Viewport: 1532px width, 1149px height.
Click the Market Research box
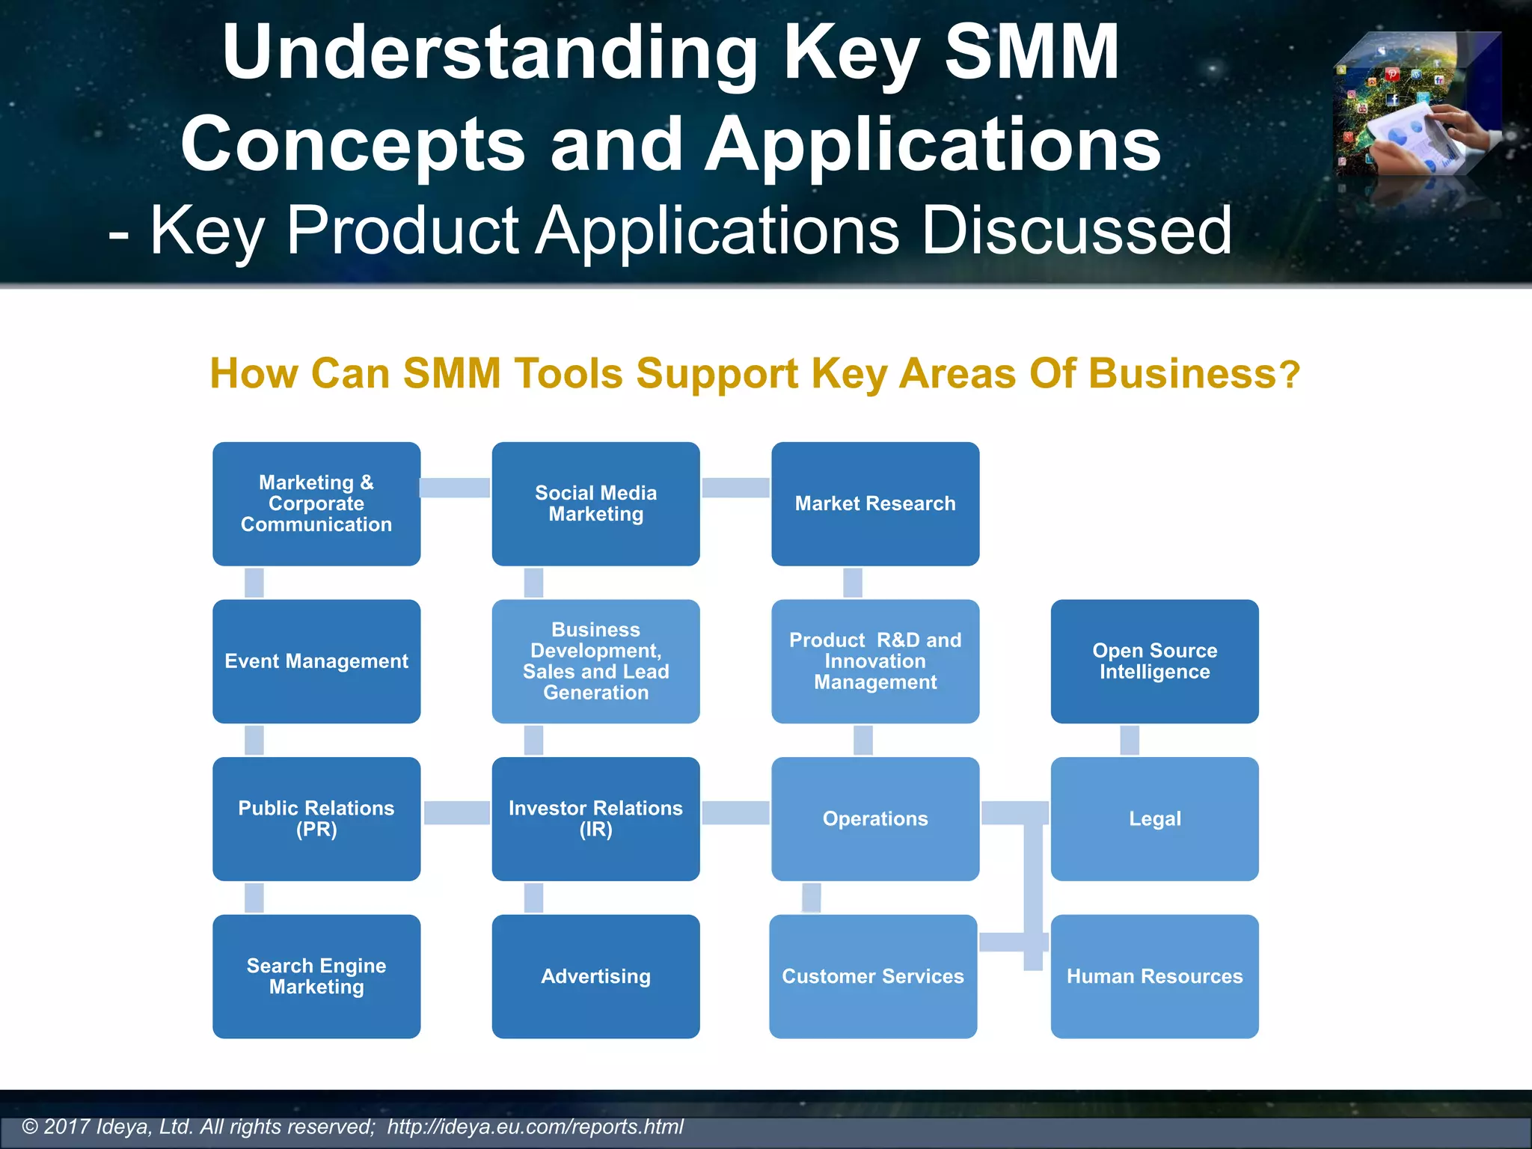tap(875, 503)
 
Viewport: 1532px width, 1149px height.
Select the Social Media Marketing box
tap(595, 503)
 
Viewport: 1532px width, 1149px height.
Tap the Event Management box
tap(316, 661)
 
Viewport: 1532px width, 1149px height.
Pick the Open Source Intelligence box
tap(1154, 661)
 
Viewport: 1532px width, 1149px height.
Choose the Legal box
tap(1154, 819)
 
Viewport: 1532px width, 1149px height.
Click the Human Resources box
tap(1154, 976)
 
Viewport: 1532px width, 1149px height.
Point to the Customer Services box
tap(873, 976)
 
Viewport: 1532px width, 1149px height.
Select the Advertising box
tap(595, 976)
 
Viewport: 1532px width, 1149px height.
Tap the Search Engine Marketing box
tap(316, 976)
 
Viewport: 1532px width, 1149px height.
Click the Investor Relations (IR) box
tap(595, 819)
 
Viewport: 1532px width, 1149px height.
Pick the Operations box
tap(875, 819)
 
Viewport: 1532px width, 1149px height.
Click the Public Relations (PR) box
tap(316, 819)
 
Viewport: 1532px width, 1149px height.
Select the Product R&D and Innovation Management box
tap(875, 661)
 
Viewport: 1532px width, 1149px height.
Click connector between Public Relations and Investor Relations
tap(456, 812)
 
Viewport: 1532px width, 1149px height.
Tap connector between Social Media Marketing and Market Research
tap(735, 488)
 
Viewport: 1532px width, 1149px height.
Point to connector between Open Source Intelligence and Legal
tap(1130, 740)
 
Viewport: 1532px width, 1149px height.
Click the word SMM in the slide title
tap(1032, 52)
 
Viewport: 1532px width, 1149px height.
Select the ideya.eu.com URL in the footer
tap(535, 1127)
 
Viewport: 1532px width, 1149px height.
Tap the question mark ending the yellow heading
tap(1290, 376)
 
